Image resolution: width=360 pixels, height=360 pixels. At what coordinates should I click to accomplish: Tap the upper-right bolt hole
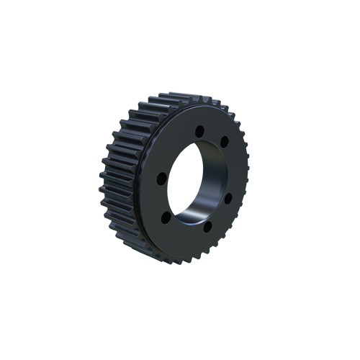(x=225, y=141)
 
